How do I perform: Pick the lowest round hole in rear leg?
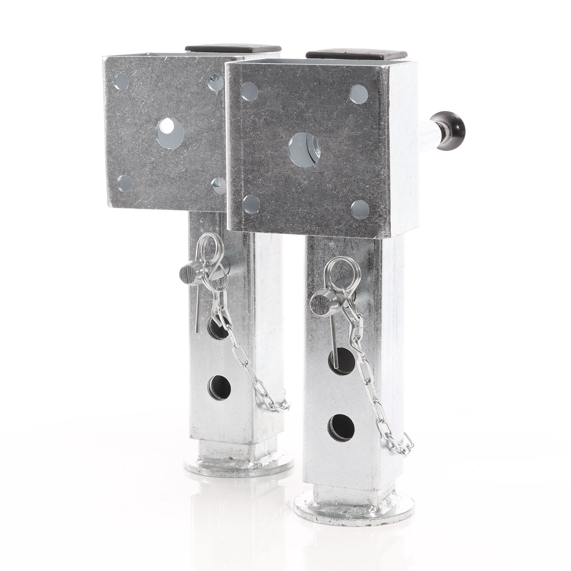coord(218,386)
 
